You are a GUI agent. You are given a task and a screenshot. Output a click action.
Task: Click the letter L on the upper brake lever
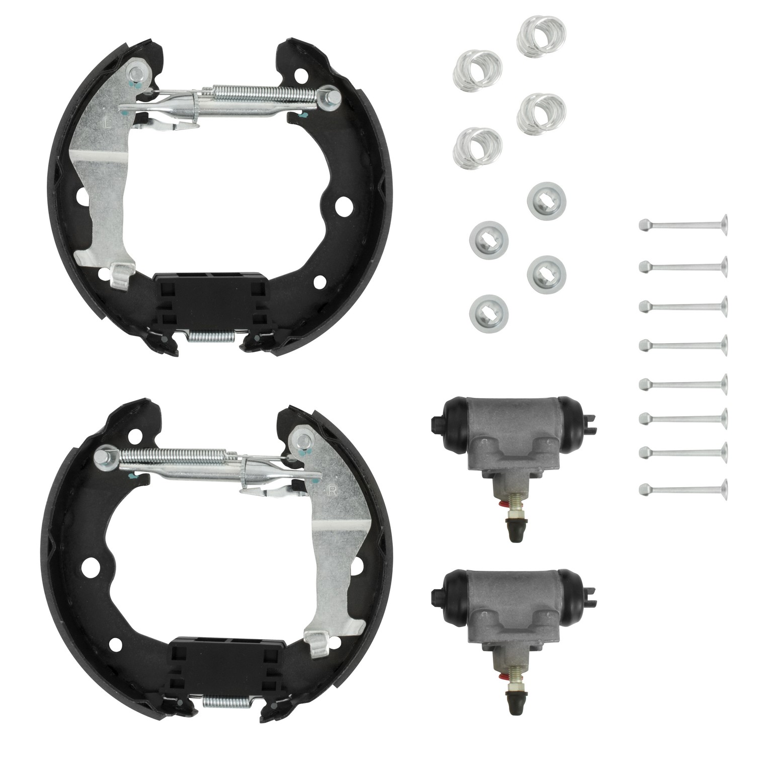pyautogui.click(x=106, y=122)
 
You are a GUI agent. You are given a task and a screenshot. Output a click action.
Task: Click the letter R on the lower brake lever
pyautogui.click(x=332, y=492)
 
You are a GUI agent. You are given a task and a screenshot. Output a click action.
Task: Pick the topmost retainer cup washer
pyautogui.click(x=546, y=199)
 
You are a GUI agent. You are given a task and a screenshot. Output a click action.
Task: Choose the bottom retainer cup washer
pyautogui.click(x=488, y=311)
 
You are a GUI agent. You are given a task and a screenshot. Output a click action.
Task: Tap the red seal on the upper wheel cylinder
pyautogui.click(x=503, y=505)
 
